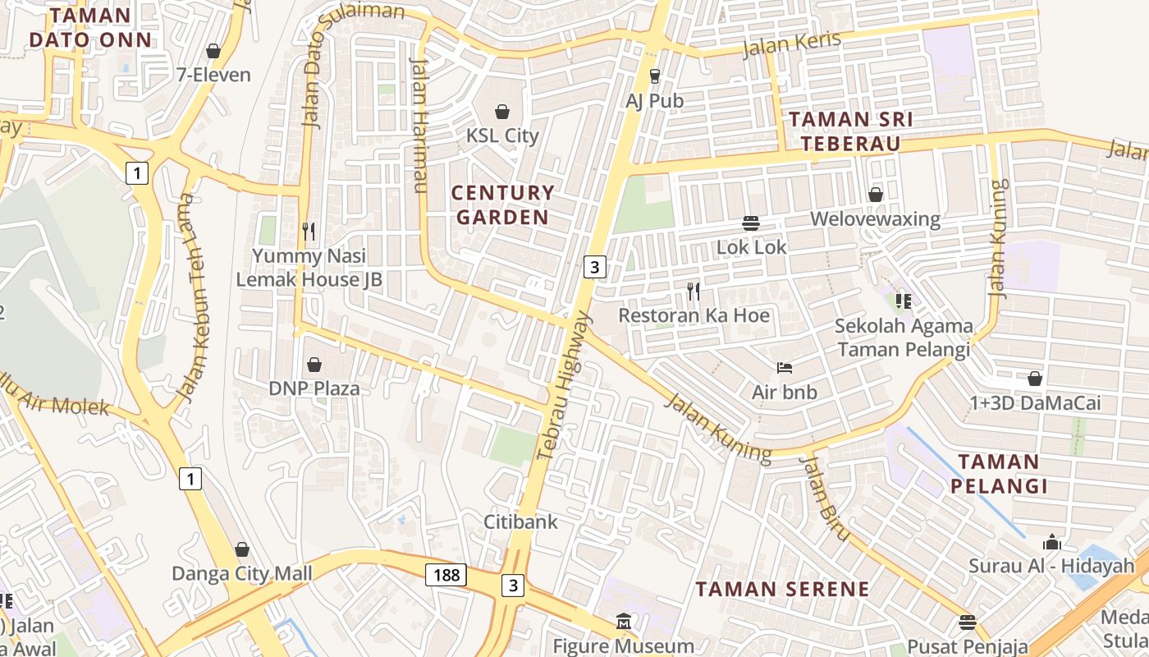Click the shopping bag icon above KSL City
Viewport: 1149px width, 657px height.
[502, 112]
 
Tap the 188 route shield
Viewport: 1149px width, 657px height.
[446, 575]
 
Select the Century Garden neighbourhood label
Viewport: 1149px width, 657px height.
[503, 205]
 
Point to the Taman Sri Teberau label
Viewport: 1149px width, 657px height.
[850, 131]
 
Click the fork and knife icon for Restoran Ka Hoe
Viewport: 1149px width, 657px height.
[694, 291]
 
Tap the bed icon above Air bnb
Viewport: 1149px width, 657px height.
[785, 368]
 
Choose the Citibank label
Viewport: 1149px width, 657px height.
[520, 521]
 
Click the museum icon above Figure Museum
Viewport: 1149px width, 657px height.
[624, 622]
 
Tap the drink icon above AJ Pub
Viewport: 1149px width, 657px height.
[654, 76]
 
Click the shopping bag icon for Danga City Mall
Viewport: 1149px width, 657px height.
[242, 549]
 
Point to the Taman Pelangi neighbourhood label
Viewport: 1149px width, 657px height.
[999, 474]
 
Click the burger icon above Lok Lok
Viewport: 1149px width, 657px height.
[751, 223]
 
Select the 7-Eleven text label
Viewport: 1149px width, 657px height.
[213, 75]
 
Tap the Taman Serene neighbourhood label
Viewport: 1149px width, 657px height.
[782, 589]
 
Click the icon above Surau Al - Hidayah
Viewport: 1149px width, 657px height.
[1051, 542]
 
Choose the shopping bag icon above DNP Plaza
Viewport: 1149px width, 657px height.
[314, 364]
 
